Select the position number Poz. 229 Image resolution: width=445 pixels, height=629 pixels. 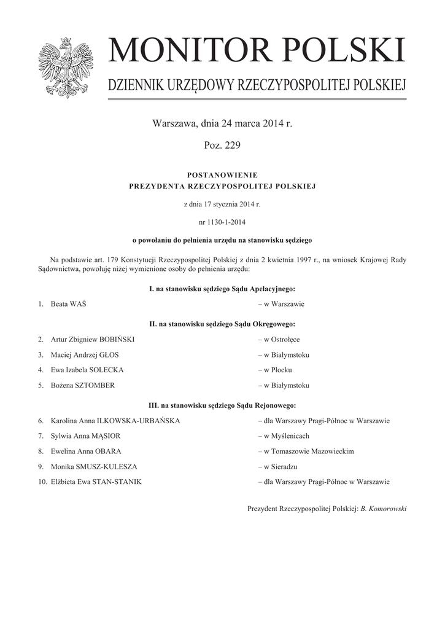coord(222,146)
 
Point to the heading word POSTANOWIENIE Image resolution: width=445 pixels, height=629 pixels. coord(222,175)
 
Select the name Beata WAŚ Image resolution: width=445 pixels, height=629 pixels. coord(69,304)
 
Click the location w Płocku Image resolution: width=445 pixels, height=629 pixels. coord(278,370)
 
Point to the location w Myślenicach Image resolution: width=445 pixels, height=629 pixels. coord(287,436)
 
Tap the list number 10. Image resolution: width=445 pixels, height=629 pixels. coord(42,482)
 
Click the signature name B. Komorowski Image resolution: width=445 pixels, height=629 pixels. coord(384,509)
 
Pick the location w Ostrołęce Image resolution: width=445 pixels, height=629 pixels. coord(282,339)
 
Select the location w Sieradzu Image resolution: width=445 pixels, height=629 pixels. coord(281,467)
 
